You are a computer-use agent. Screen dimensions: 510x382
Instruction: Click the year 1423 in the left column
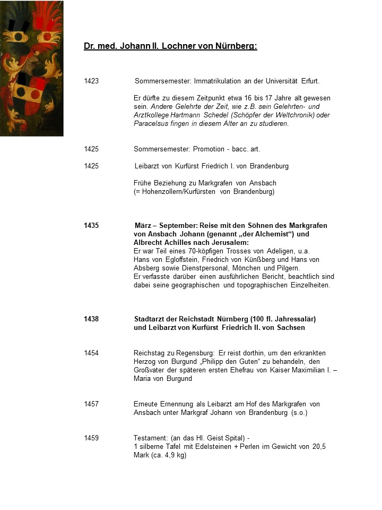click(91, 81)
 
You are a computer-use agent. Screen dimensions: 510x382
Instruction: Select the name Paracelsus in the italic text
click(151, 124)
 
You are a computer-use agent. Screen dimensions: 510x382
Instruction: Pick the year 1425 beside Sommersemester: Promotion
click(91, 149)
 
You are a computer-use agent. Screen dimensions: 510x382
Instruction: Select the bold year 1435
click(91, 226)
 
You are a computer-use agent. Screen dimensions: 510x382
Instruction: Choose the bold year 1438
click(91, 319)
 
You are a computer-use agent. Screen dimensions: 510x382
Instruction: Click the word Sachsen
click(290, 328)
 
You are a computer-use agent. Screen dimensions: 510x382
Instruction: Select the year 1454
click(91, 353)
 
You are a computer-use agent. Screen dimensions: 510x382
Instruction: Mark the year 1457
click(91, 404)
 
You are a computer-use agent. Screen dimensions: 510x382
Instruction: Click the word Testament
click(150, 438)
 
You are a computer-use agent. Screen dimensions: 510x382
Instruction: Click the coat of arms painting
click(32, 68)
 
